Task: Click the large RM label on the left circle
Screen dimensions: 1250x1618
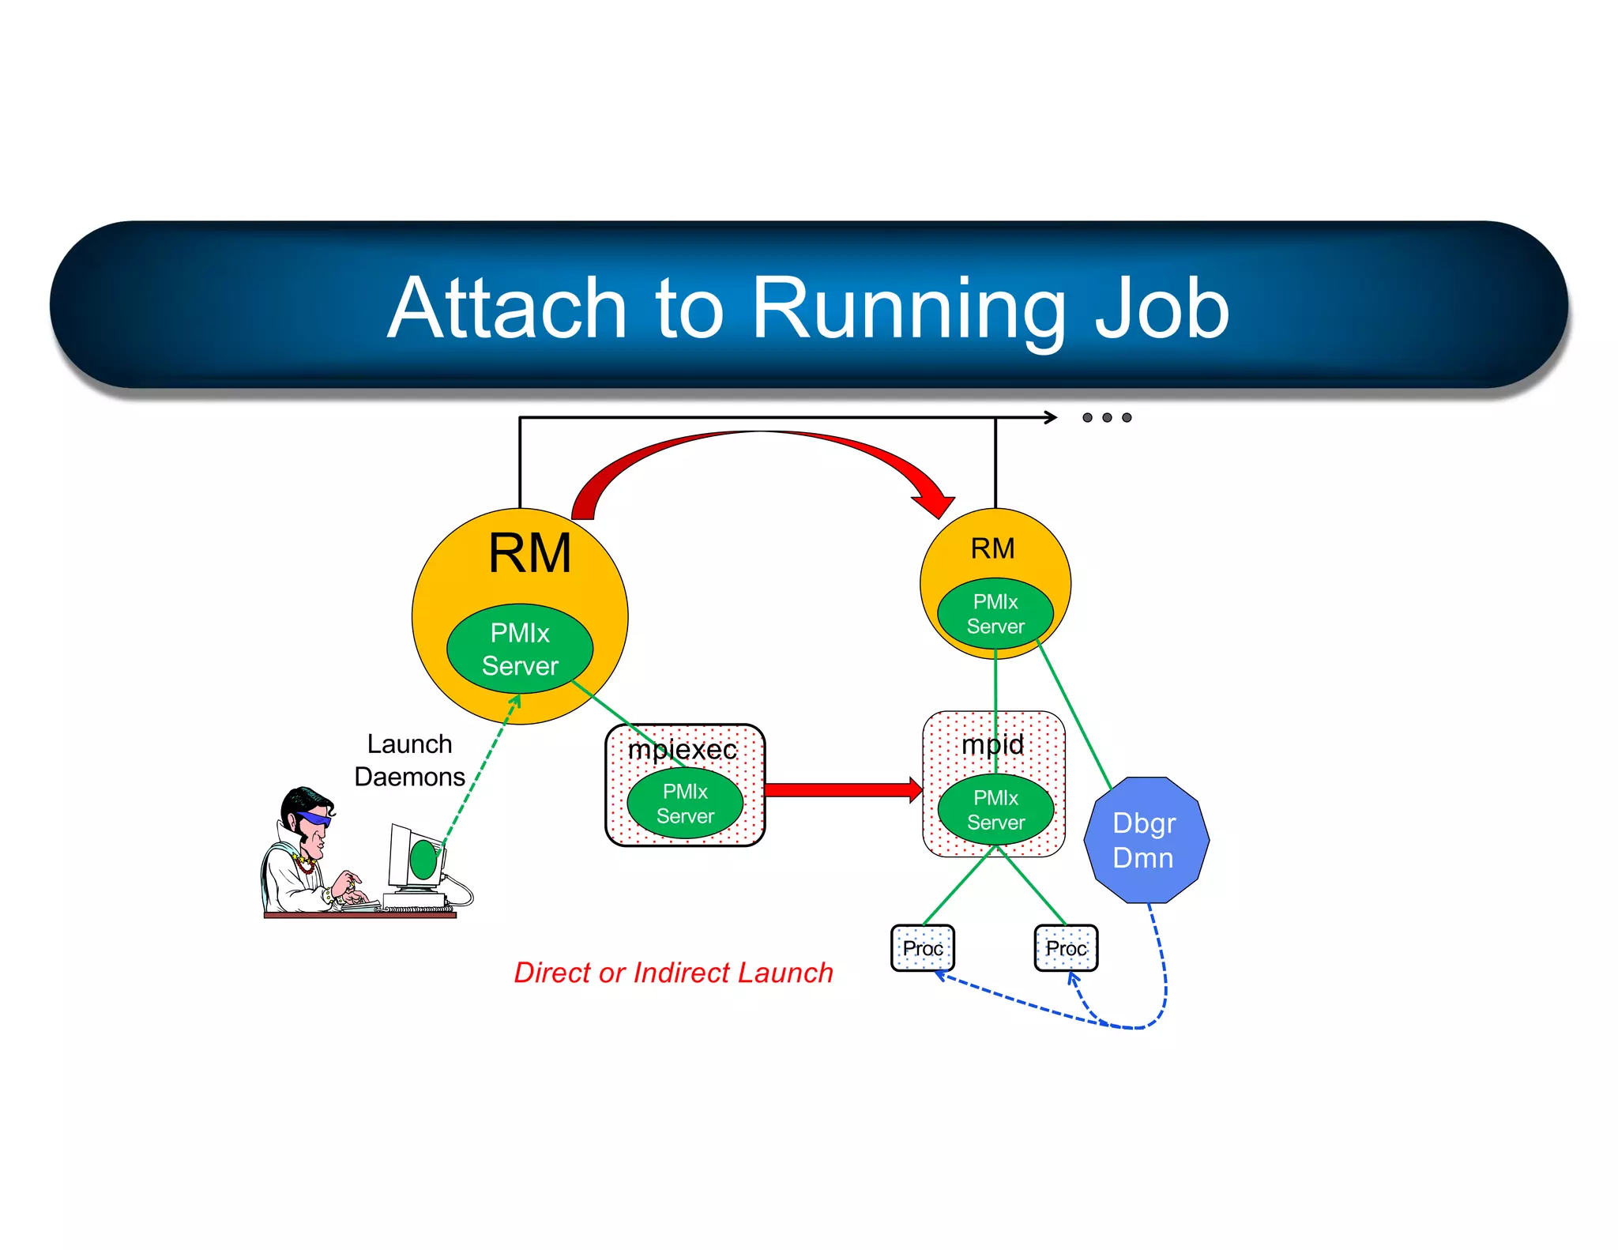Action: (x=529, y=553)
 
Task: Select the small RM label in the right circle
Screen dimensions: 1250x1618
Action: (x=992, y=548)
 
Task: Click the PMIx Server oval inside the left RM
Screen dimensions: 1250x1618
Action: (x=520, y=649)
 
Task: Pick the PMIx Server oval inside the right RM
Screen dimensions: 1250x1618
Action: (x=995, y=614)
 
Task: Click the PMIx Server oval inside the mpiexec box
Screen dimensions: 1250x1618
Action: (x=685, y=804)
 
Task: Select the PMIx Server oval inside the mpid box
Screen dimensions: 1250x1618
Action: (x=995, y=810)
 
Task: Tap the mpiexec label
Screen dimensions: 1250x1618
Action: (x=682, y=749)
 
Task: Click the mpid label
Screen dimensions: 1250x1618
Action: (x=992, y=744)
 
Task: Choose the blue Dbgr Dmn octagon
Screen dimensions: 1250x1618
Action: (x=1146, y=840)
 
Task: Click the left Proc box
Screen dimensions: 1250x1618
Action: (x=922, y=948)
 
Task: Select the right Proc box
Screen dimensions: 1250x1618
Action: (x=1066, y=948)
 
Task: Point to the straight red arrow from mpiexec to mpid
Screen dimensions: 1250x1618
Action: (x=841, y=790)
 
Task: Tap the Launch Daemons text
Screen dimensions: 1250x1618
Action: (x=409, y=760)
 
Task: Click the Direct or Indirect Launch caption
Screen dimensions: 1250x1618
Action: (x=673, y=973)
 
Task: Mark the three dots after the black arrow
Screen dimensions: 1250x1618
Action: (x=1107, y=417)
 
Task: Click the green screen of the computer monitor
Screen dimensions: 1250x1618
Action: (x=423, y=860)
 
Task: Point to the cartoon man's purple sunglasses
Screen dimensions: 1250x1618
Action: (x=314, y=819)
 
